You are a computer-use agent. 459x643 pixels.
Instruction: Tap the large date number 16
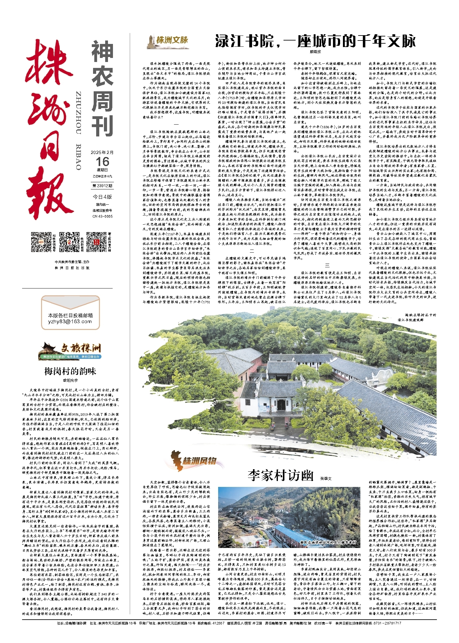(102, 162)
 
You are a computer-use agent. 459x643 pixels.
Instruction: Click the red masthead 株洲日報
(49, 129)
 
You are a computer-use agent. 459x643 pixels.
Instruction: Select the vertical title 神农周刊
(102, 89)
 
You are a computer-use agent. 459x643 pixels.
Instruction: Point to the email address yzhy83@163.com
(70, 321)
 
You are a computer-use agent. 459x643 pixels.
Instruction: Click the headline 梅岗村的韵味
(70, 371)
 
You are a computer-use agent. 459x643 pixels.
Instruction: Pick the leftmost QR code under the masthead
(41, 242)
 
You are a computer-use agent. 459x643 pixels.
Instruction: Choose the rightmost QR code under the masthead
(96, 242)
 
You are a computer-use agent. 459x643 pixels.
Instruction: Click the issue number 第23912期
(102, 186)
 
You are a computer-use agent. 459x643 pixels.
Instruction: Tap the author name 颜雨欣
(315, 52)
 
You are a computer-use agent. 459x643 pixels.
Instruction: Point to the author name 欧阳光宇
(70, 380)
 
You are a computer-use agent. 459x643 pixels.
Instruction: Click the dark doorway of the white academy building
(281, 405)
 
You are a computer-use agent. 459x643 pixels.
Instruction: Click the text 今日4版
(102, 197)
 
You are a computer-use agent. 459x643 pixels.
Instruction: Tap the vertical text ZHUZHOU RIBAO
(79, 131)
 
